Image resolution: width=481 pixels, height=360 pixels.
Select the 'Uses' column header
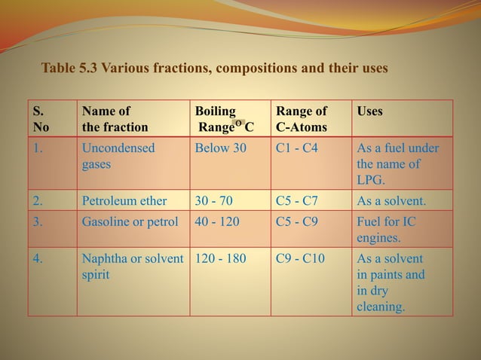(x=369, y=111)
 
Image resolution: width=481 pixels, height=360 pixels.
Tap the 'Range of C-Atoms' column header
(x=301, y=119)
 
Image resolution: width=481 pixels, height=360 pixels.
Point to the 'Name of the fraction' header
(x=115, y=119)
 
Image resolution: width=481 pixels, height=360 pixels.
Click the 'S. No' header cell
(x=41, y=119)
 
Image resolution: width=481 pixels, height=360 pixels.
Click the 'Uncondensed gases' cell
(x=118, y=155)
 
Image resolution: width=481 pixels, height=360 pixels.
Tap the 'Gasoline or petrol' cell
(x=130, y=222)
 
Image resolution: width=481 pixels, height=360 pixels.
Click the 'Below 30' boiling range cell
(x=220, y=148)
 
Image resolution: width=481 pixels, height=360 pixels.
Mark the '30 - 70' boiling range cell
(x=214, y=200)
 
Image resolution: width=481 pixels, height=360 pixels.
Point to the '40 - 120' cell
(x=217, y=222)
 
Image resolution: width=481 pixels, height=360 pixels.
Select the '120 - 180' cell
(x=220, y=259)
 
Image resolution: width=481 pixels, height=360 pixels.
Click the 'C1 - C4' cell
(x=297, y=148)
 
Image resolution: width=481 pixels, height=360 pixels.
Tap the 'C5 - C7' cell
(x=297, y=200)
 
